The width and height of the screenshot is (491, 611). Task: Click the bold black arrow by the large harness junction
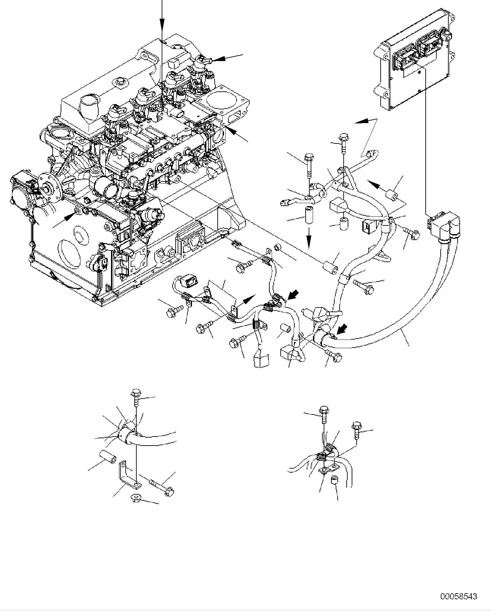click(x=341, y=330)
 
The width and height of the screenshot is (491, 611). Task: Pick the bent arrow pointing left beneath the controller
click(x=362, y=122)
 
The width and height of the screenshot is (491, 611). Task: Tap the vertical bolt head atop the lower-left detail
click(x=136, y=393)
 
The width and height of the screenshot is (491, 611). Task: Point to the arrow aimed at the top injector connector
click(x=218, y=59)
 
